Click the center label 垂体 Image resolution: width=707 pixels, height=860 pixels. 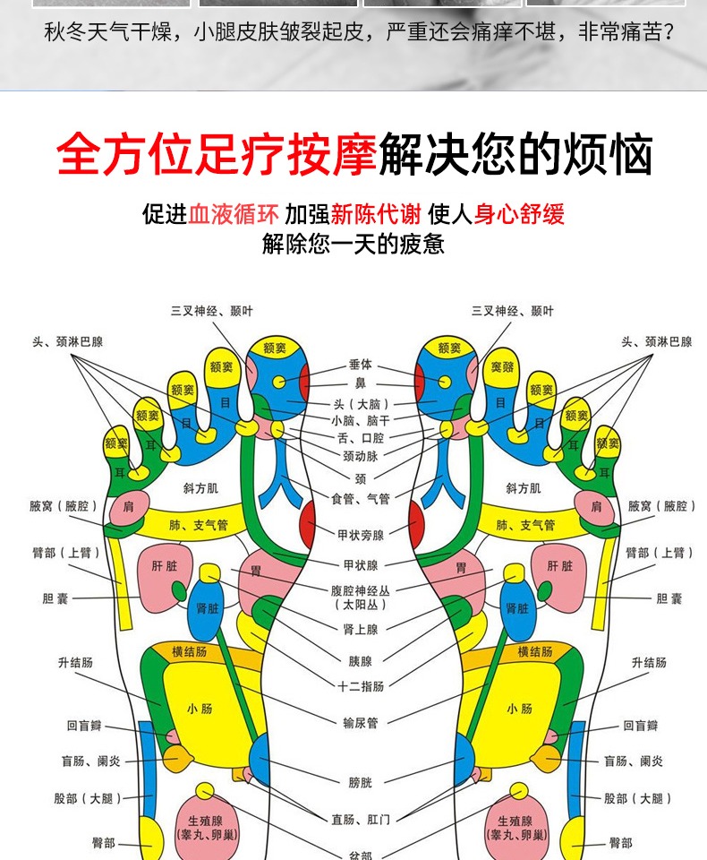(x=360, y=365)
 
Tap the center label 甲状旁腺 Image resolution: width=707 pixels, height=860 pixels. (x=360, y=536)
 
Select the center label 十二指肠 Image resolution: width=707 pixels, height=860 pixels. (x=360, y=687)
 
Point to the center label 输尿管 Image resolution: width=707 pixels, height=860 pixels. (x=360, y=723)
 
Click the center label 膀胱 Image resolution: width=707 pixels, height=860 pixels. (x=360, y=782)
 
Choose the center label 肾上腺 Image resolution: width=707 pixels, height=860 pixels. (x=360, y=630)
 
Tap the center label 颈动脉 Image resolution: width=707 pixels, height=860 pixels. (x=360, y=456)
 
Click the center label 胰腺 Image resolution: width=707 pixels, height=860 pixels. (x=360, y=662)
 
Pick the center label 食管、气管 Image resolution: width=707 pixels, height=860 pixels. (x=360, y=499)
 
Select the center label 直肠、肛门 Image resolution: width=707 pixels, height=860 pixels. (x=360, y=818)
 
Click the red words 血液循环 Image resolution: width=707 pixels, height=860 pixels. (x=235, y=213)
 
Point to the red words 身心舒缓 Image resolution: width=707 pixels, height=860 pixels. (x=520, y=213)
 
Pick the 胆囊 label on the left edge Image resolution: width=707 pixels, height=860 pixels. (x=55, y=598)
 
